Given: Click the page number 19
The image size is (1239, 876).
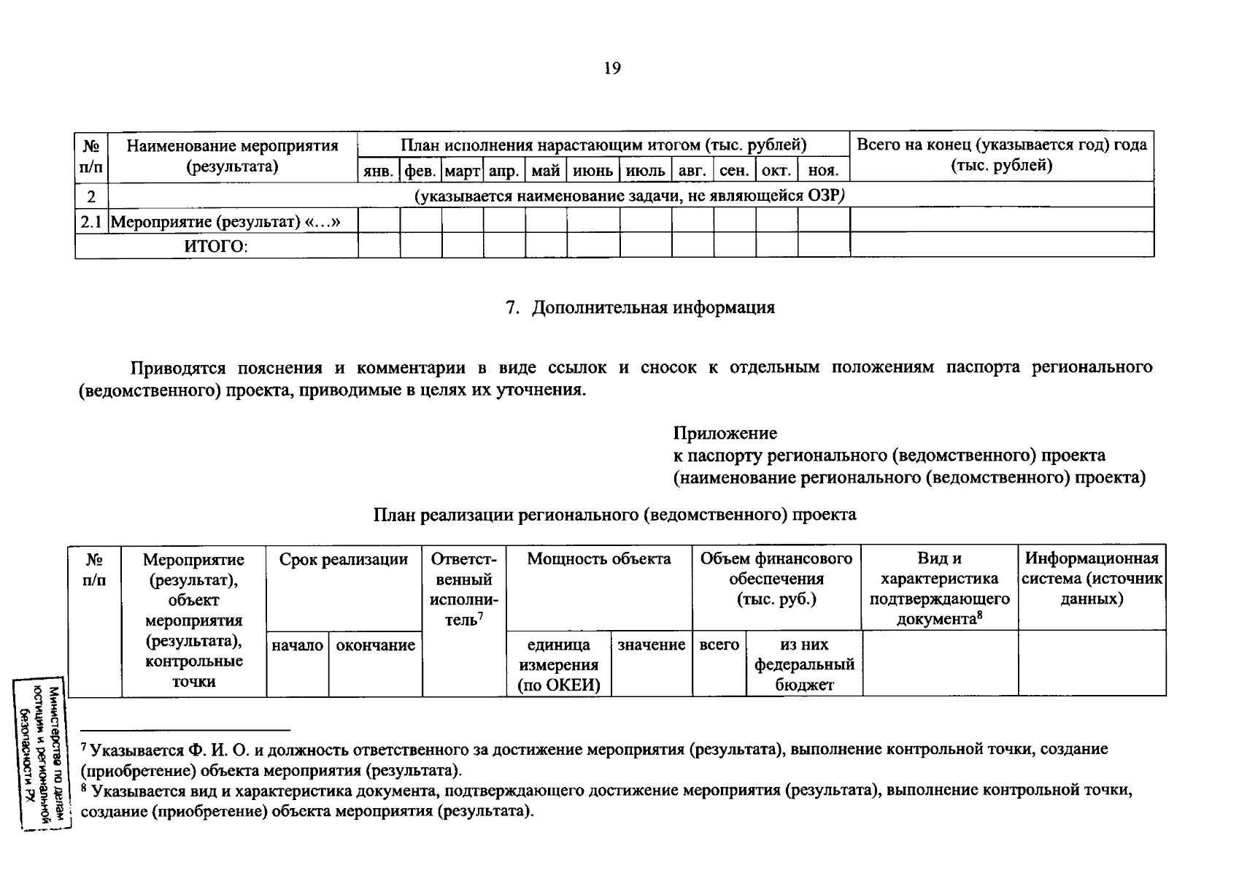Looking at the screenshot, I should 611,69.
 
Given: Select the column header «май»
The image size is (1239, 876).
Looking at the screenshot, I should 546,172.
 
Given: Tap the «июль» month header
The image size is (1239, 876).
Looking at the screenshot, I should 646,172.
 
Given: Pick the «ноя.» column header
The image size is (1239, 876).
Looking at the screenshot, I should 824,172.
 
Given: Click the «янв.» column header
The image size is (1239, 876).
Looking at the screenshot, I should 379,172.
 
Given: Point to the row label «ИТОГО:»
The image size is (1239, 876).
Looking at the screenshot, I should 216,247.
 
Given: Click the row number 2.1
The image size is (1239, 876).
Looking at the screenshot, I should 91,221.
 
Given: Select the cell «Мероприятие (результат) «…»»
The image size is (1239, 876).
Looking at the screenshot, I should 227,221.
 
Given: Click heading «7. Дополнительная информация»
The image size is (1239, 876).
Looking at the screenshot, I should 640,307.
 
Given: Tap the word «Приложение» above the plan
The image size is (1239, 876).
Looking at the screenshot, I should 725,434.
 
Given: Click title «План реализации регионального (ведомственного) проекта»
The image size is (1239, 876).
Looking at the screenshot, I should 614,515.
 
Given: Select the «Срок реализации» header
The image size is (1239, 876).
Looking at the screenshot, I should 343,560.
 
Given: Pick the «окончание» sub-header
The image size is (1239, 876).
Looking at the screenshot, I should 375,645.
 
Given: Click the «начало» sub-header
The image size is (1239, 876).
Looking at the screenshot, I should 297,645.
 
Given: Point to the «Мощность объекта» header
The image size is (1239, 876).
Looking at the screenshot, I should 598,560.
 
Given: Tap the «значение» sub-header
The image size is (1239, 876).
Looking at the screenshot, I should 651,645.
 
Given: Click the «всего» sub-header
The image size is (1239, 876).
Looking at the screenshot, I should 719,645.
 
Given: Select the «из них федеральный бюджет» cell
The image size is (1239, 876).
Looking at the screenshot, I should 804,664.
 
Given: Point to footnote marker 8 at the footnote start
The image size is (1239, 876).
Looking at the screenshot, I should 84,789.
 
